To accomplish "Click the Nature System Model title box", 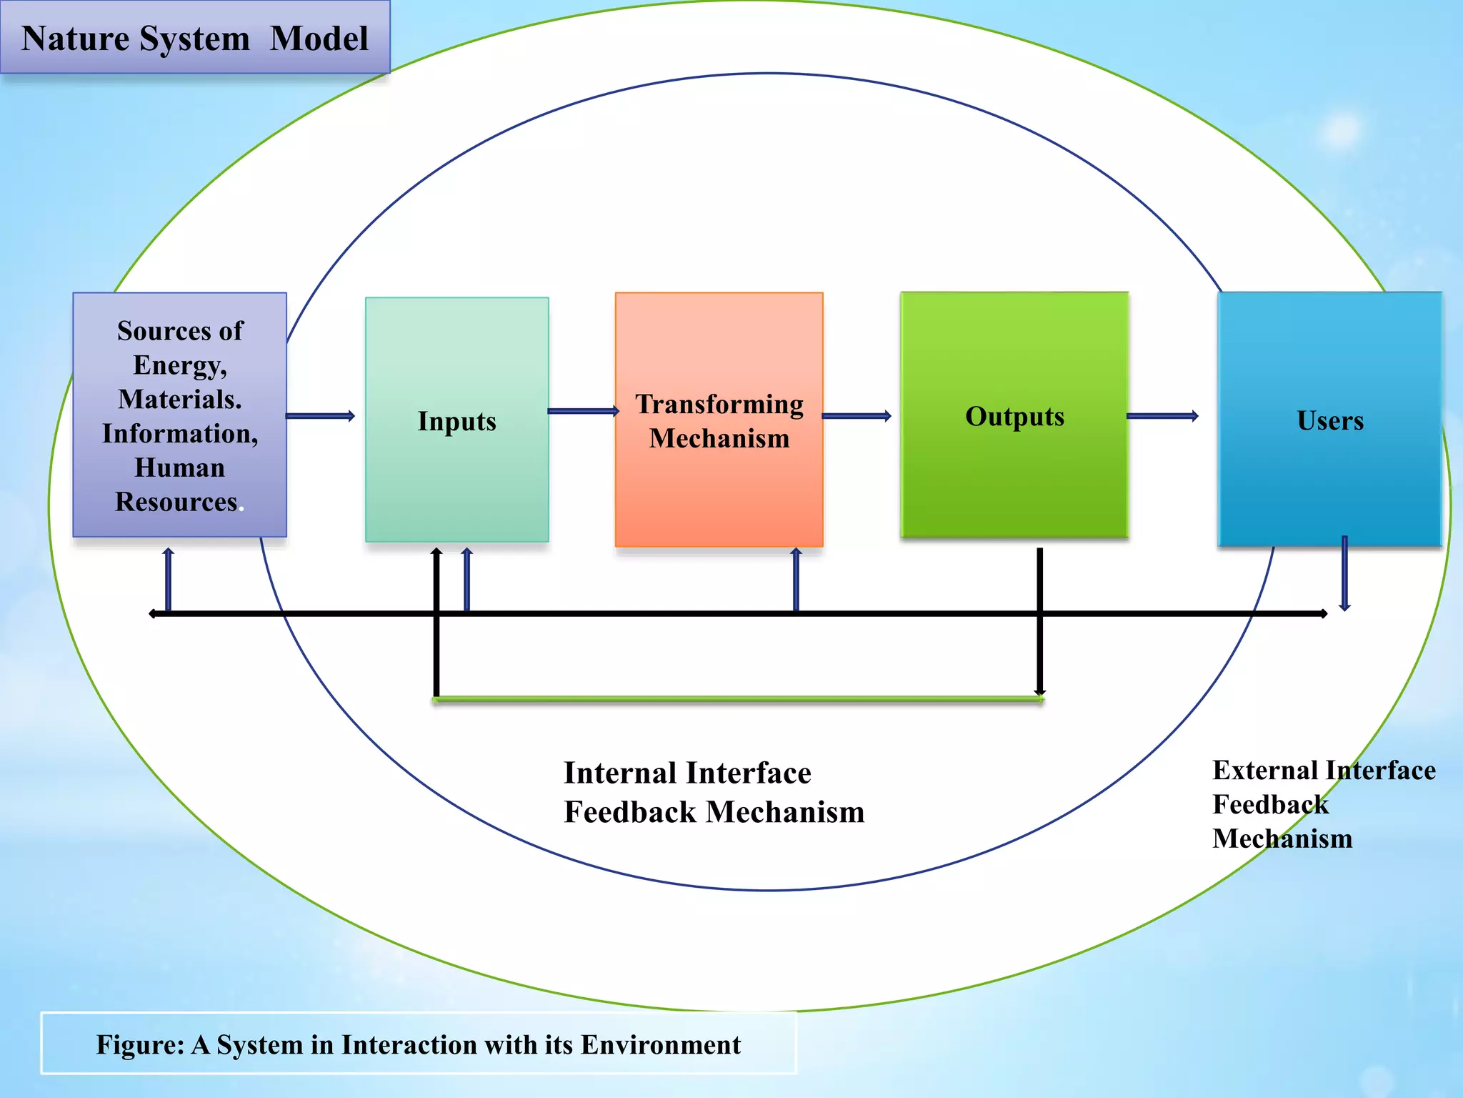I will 194,37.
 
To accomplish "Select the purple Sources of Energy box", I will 179,415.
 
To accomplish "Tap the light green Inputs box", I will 456,420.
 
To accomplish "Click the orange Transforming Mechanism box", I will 719,420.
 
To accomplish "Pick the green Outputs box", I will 1014,415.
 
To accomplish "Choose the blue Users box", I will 1329,420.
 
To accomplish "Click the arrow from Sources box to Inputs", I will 320,416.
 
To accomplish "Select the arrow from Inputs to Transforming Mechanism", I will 582,411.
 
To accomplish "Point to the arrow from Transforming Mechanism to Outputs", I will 857,416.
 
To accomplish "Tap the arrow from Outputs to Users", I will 1162,416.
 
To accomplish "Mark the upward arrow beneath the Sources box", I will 169,580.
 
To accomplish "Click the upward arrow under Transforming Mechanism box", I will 797,580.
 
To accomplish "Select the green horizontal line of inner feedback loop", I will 738,699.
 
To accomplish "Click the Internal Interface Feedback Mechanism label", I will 713,792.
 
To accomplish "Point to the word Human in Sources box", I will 179,468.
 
